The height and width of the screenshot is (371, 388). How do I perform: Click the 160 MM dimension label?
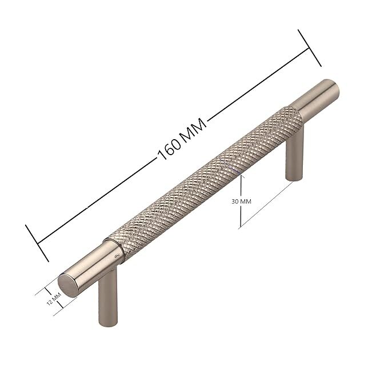tap(182, 140)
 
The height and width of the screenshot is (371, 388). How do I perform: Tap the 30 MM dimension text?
tap(241, 202)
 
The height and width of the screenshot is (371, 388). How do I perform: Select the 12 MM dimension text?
tap(54, 299)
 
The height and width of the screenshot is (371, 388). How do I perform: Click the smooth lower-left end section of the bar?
tap(90, 270)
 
